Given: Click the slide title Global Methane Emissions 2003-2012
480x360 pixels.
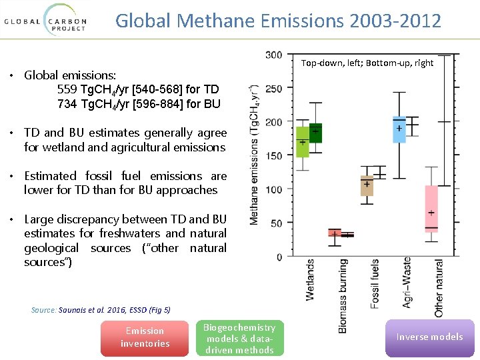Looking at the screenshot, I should pyautogui.click(x=278, y=21).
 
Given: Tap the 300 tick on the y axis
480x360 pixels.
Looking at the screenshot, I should pyautogui.click(x=273, y=55).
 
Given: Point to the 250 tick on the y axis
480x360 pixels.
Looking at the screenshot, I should pyautogui.click(x=273, y=89).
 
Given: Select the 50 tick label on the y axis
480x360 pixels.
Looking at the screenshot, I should pyautogui.click(x=276, y=223).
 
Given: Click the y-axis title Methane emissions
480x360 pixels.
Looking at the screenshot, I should pyautogui.click(x=255, y=154).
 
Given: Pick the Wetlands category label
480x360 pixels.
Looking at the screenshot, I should pyautogui.click(x=311, y=279).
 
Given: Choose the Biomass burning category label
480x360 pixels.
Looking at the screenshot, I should pyautogui.click(x=343, y=295).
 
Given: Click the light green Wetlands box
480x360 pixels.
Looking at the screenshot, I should pyautogui.click(x=303, y=142).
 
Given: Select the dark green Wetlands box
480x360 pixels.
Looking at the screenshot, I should pyautogui.click(x=315, y=133).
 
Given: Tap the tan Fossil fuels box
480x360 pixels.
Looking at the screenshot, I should pyautogui.click(x=367, y=185).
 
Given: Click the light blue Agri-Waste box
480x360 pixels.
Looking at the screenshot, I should pyautogui.click(x=399, y=129).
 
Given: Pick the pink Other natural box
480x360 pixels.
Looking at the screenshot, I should pyautogui.click(x=431, y=213).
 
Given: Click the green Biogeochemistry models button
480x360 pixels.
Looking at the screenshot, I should pyautogui.click(x=239, y=339).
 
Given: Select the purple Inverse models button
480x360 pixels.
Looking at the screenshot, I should pyautogui.click(x=429, y=337).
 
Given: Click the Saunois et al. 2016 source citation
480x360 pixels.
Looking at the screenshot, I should pyautogui.click(x=101, y=310).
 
